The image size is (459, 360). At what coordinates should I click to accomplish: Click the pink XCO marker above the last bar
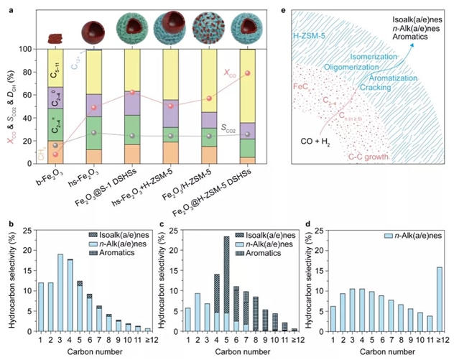(x=248, y=74)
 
